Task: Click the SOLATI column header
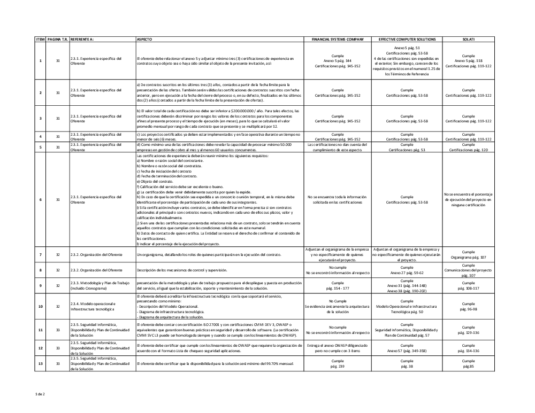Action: point(468,40)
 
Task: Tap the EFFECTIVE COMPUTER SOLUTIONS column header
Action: point(407,40)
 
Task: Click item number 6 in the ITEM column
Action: point(41,199)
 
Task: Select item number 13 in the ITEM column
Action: point(41,364)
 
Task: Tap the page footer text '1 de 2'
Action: point(40,394)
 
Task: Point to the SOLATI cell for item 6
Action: point(468,199)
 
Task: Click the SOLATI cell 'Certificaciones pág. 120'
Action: point(468,150)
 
